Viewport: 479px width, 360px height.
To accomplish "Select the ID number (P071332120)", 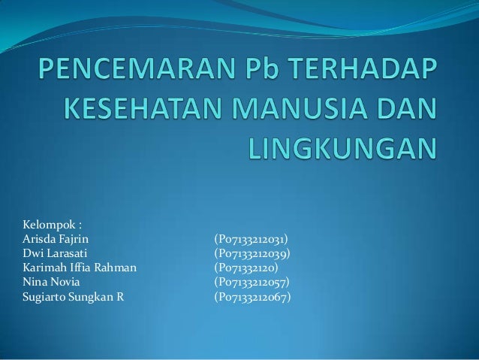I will tap(246, 267).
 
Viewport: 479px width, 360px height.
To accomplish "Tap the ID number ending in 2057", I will tap(252, 281).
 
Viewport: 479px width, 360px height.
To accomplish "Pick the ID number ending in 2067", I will tap(252, 295).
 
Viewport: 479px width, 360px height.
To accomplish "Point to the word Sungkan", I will tap(92, 295).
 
